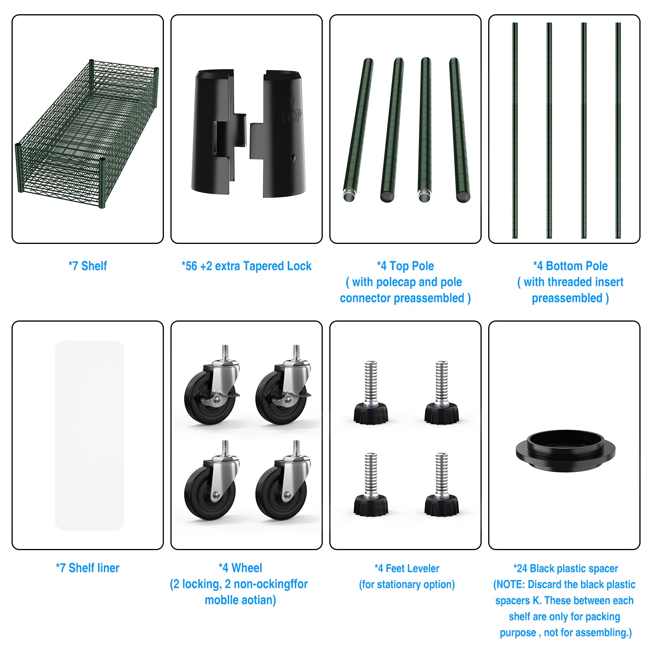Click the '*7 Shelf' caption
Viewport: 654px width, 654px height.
[87, 266]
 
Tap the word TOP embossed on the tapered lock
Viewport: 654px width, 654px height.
[290, 116]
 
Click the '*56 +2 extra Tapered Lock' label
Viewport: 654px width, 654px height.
[246, 266]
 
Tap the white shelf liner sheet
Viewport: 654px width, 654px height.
[89, 435]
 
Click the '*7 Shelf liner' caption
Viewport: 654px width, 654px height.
[87, 568]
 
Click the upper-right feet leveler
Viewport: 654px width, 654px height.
[441, 396]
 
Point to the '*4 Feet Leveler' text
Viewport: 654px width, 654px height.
[407, 568]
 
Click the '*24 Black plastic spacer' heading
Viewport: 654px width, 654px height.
[565, 568]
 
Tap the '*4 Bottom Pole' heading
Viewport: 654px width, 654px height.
[570, 266]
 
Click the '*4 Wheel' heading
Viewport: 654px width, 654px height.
[240, 568]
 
